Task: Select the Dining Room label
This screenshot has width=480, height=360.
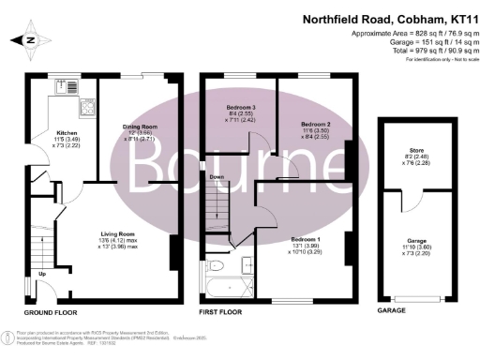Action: coord(139,126)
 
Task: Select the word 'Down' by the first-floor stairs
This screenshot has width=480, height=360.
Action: coord(216,176)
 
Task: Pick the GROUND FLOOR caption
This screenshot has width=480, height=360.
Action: coord(51,311)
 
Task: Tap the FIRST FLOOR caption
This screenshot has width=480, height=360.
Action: coord(225,311)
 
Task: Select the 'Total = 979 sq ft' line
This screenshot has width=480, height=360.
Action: coord(417,52)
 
